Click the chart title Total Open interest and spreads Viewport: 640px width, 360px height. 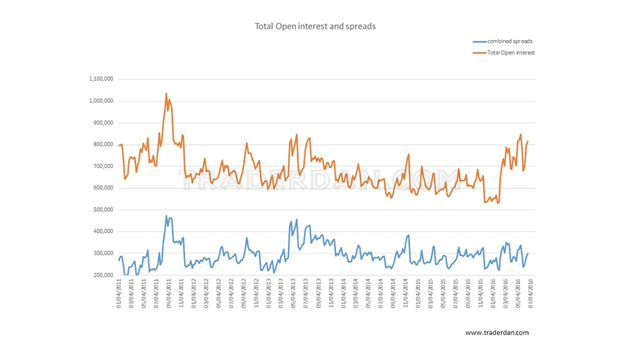pyautogui.click(x=314, y=26)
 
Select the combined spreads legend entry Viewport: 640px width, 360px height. pyautogui.click(x=510, y=41)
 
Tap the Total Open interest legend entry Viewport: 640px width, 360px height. pyautogui.click(x=510, y=53)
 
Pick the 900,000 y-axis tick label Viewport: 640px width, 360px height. pyautogui.click(x=102, y=122)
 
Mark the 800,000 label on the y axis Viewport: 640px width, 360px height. pyautogui.click(x=102, y=145)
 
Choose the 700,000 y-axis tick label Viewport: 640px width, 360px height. pyautogui.click(x=102, y=166)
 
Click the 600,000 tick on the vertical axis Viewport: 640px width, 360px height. pyautogui.click(x=102, y=188)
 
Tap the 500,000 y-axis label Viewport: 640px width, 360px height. pyautogui.click(x=102, y=210)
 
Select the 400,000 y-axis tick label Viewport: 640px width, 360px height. pyautogui.click(x=102, y=232)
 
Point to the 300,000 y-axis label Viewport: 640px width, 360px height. pyautogui.click(x=102, y=254)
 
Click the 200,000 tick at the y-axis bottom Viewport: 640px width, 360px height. pyautogui.click(x=102, y=275)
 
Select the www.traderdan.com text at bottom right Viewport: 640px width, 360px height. pyautogui.click(x=496, y=333)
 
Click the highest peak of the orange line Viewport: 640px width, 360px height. pyautogui.click(x=166, y=94)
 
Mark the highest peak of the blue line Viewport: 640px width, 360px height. pyautogui.click(x=166, y=216)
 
